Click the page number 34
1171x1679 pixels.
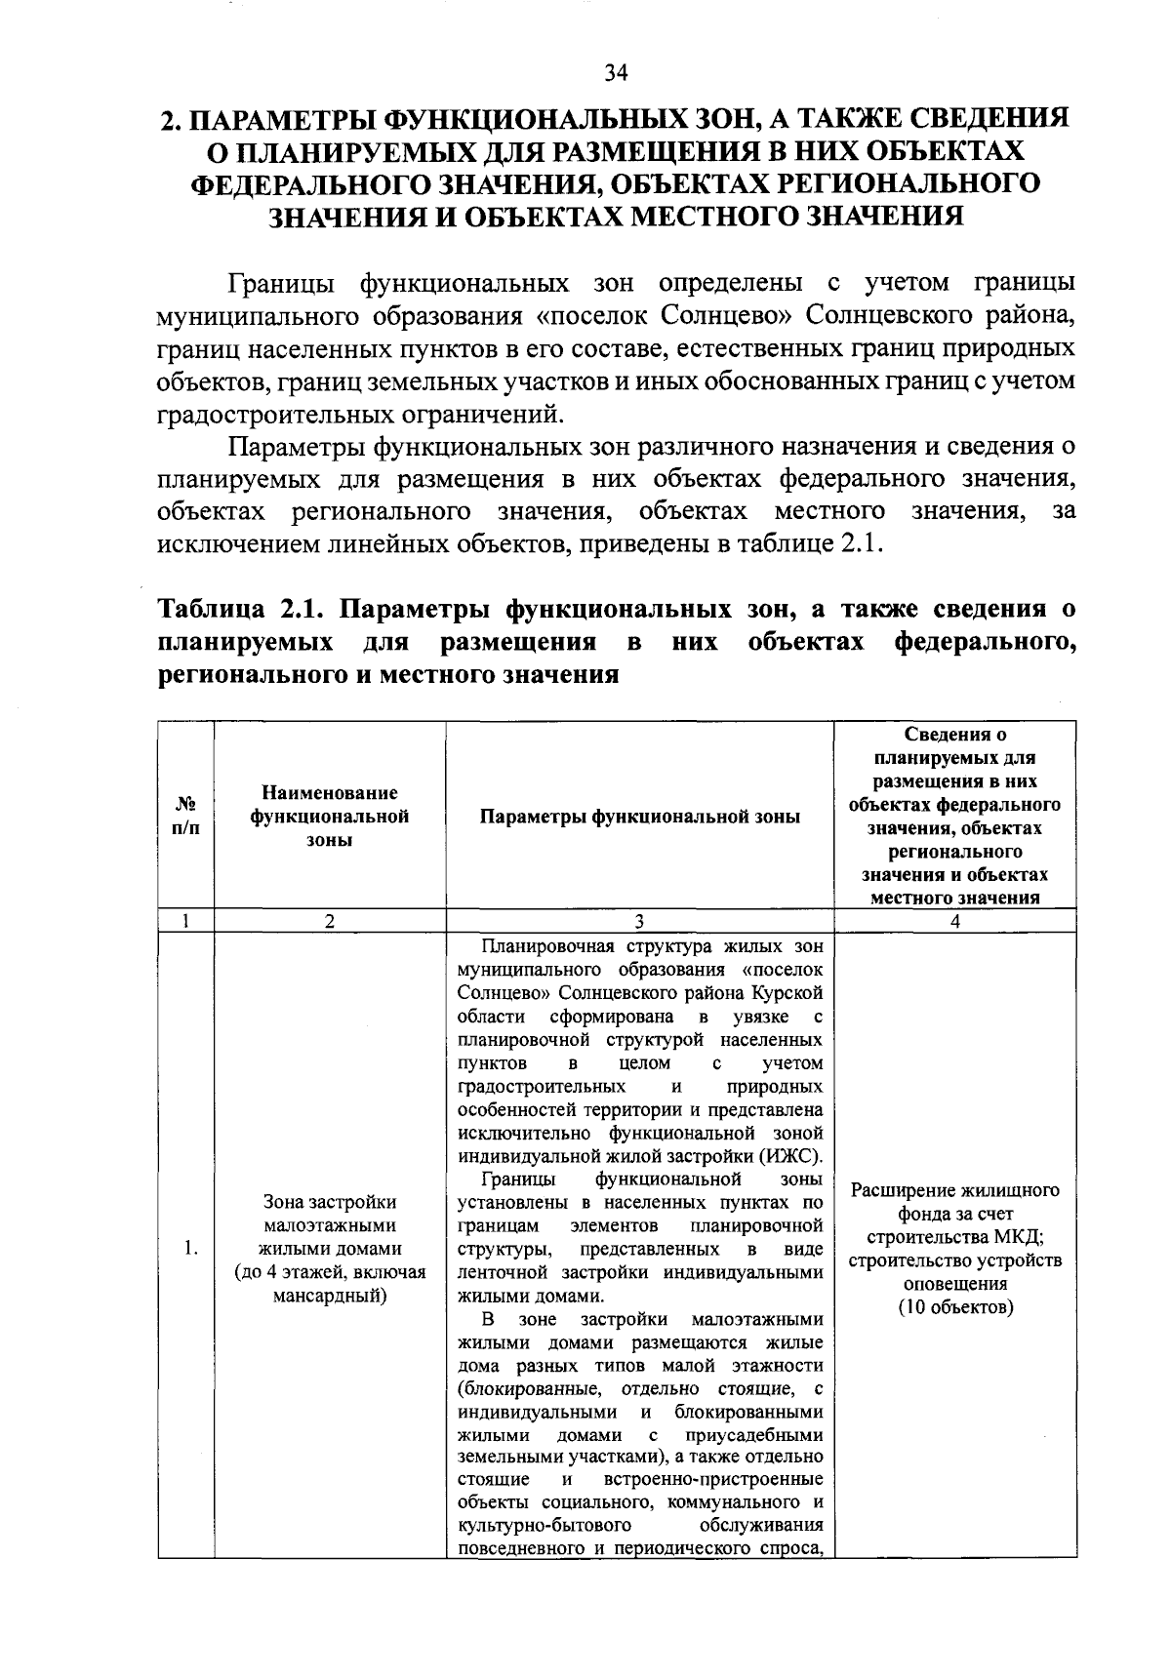tap(616, 72)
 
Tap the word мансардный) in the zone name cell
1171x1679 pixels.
tap(330, 1296)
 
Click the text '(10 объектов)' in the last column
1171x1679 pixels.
tap(955, 1307)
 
